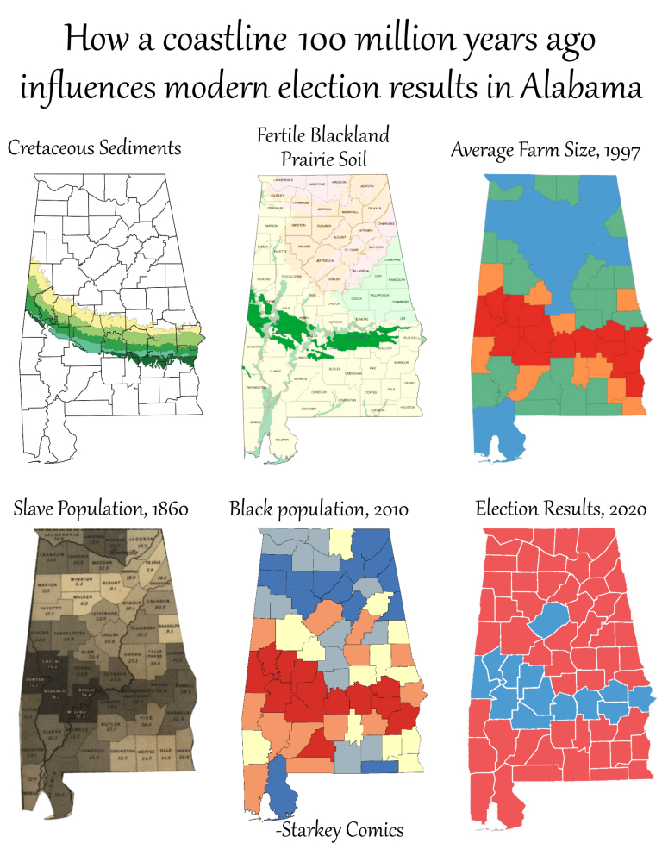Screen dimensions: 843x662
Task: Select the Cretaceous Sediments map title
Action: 95,147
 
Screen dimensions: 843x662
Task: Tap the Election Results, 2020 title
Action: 561,509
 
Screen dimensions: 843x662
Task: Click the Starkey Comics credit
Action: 340,829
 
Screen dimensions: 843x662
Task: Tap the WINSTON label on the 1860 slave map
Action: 79,579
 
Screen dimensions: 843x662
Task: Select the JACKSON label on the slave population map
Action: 141,540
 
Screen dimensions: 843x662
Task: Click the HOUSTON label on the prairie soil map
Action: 408,406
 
